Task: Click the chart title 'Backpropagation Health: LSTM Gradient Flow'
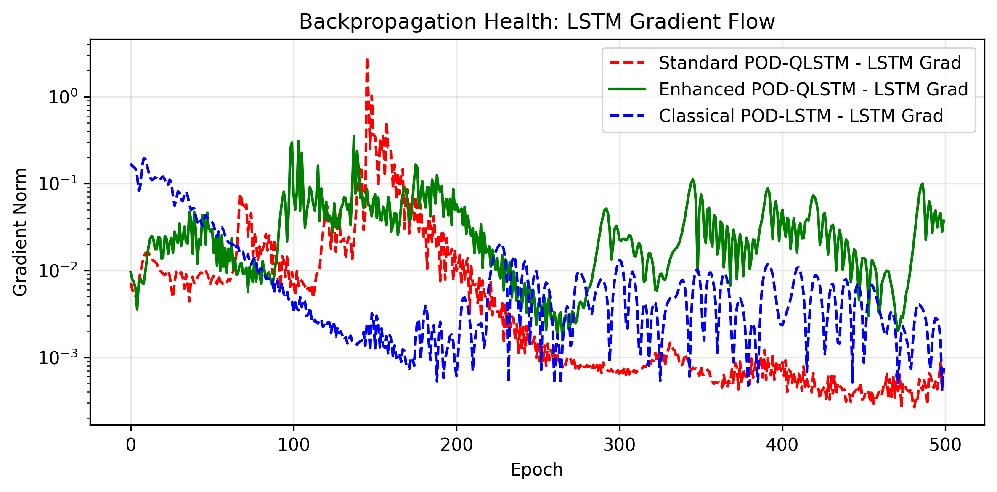click(x=537, y=22)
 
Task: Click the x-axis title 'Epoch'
click(x=537, y=470)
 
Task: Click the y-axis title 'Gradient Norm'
click(x=20, y=232)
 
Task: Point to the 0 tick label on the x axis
click(x=131, y=445)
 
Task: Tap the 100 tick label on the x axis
click(x=294, y=445)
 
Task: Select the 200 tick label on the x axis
click(x=456, y=445)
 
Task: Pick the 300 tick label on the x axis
click(x=620, y=445)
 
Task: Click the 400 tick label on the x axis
click(x=782, y=445)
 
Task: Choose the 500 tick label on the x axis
click(x=945, y=445)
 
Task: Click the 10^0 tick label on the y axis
click(x=63, y=97)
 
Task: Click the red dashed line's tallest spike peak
click(x=367, y=59)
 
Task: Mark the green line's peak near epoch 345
click(x=692, y=180)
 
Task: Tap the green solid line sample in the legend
click(x=627, y=89)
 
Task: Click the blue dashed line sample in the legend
click(x=627, y=116)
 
